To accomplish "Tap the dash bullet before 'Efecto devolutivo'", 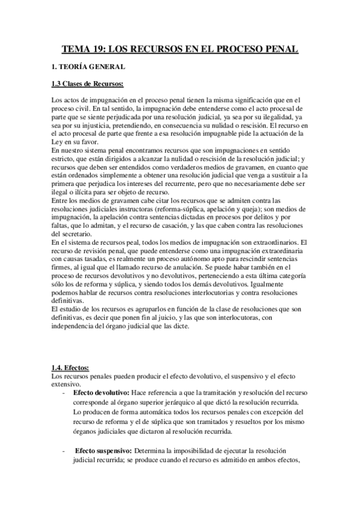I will click(x=64, y=393).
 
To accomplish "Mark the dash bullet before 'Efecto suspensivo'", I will click(x=64, y=450).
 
